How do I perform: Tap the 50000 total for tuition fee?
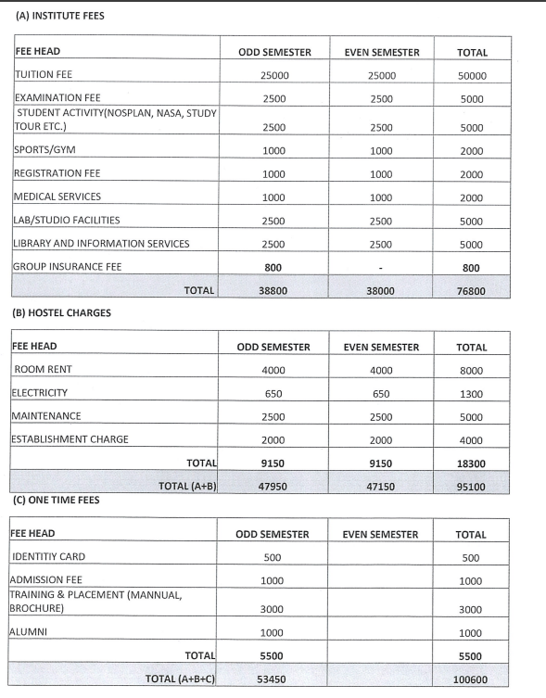pos(472,76)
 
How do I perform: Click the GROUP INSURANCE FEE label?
pos(67,266)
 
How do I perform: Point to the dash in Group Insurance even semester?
pos(381,268)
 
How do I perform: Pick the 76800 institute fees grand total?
pos(472,291)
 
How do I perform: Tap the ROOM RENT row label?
pos(41,370)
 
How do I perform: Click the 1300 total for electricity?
pos(472,394)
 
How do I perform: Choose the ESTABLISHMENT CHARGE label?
pos(70,438)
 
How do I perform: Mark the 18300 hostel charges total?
pos(472,462)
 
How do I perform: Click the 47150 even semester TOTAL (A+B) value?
pos(381,484)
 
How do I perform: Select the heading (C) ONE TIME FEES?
pos(56,501)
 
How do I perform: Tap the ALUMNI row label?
pos(30,631)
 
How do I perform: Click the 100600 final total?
pos(472,679)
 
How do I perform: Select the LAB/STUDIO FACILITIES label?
pos(66,220)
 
